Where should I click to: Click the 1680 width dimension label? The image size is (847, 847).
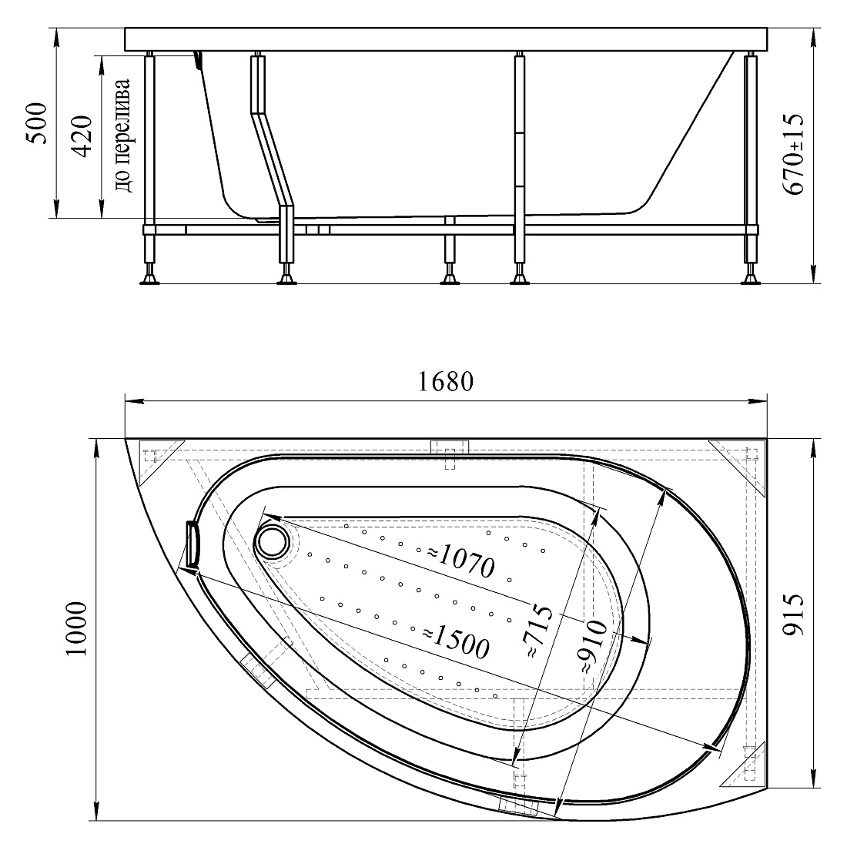446,381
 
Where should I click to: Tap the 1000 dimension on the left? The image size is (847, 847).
76,629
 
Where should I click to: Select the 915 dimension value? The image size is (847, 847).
794,614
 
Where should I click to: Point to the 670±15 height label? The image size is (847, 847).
794,155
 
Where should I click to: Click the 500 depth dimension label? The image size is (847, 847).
37,122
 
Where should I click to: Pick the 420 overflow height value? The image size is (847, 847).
82,136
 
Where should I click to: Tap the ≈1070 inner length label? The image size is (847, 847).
460,560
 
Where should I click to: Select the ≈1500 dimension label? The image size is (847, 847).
455,641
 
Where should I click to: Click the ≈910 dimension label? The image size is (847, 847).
594,646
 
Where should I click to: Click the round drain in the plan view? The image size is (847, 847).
273,542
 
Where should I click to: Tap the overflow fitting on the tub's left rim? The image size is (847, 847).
192,544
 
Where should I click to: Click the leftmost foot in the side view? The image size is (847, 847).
149,280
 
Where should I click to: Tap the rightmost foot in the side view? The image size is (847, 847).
750,280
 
